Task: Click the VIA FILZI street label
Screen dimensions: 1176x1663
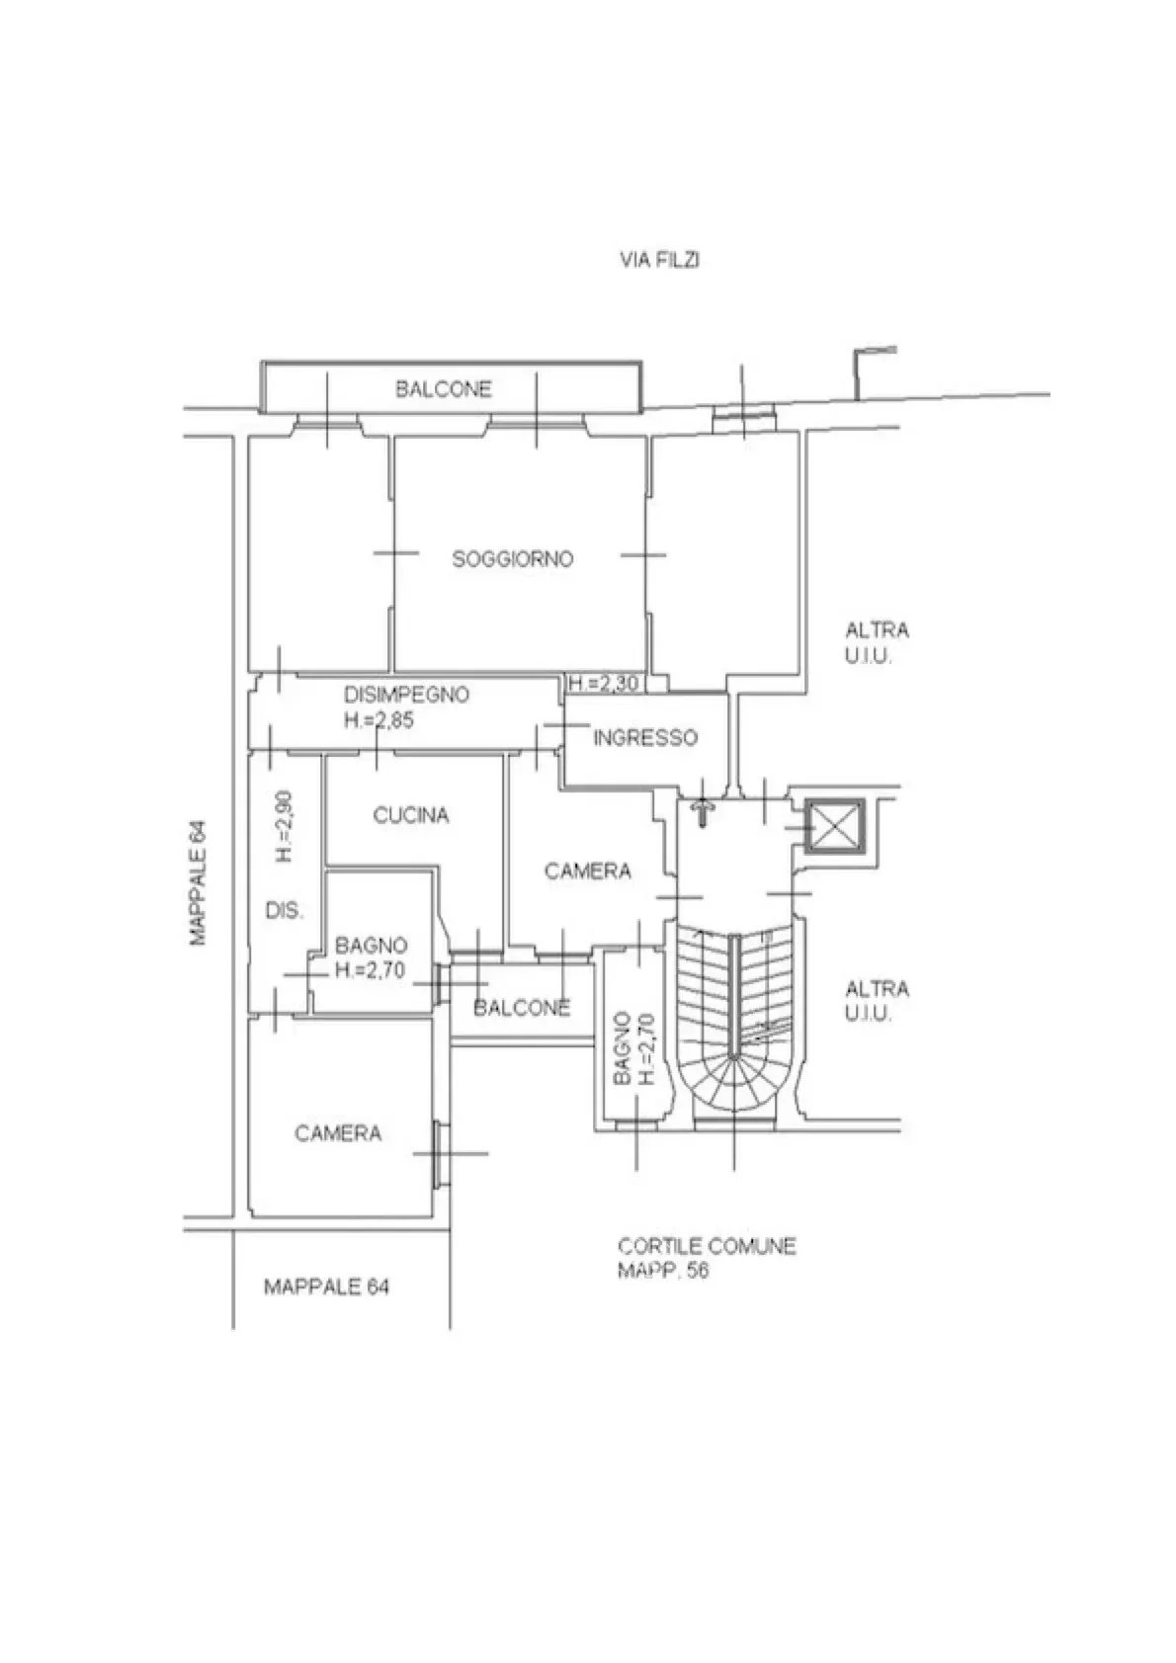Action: pos(659,260)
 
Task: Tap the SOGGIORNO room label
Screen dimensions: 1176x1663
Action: pos(513,559)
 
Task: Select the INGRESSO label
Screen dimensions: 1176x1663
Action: pos(646,738)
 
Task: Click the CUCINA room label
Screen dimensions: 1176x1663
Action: pos(411,815)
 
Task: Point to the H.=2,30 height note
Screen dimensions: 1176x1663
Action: pos(604,682)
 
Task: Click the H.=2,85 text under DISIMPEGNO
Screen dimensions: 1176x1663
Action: pos(378,719)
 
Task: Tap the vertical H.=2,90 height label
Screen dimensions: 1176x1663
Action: pos(285,826)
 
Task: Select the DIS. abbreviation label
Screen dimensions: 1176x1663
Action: pos(285,910)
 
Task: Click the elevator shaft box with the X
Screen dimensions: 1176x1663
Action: pos(835,827)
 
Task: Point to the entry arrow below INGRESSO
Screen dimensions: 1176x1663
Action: pos(702,813)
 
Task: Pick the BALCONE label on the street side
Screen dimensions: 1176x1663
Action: pos(444,389)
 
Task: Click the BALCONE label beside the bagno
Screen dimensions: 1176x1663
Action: pos(522,1008)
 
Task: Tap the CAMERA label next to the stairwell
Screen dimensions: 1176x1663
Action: pos(588,871)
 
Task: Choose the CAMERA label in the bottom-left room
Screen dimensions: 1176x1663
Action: pos(339,1133)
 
